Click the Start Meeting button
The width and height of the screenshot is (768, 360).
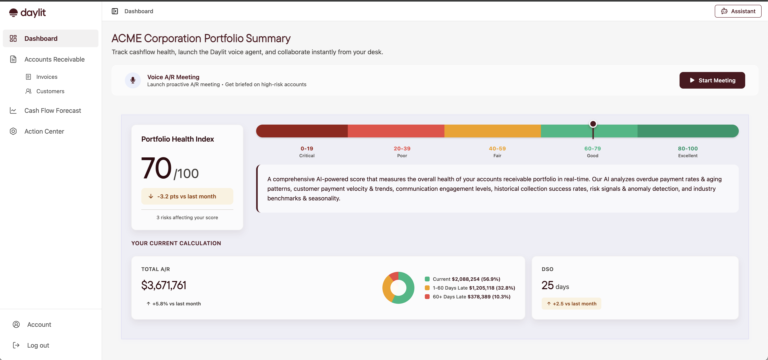[712, 80]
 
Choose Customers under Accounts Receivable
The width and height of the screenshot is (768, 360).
[50, 91]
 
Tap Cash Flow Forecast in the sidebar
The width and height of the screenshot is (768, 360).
[52, 111]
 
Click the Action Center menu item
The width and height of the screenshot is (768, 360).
[44, 131]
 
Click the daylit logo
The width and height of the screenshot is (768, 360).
[27, 13]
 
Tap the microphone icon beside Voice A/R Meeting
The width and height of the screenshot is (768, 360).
[133, 80]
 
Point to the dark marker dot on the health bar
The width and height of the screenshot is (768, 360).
[593, 124]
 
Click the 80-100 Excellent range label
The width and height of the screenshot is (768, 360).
[688, 151]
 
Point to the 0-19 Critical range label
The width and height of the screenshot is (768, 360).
[307, 151]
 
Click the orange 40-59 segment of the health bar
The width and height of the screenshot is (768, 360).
[492, 131]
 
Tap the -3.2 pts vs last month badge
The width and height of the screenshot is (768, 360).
[187, 196]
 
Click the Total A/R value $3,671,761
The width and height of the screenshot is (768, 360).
[164, 285]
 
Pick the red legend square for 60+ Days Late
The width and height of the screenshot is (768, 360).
[427, 297]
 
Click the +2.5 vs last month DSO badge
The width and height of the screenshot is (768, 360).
[571, 304]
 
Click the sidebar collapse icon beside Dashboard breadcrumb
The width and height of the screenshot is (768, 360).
[115, 11]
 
